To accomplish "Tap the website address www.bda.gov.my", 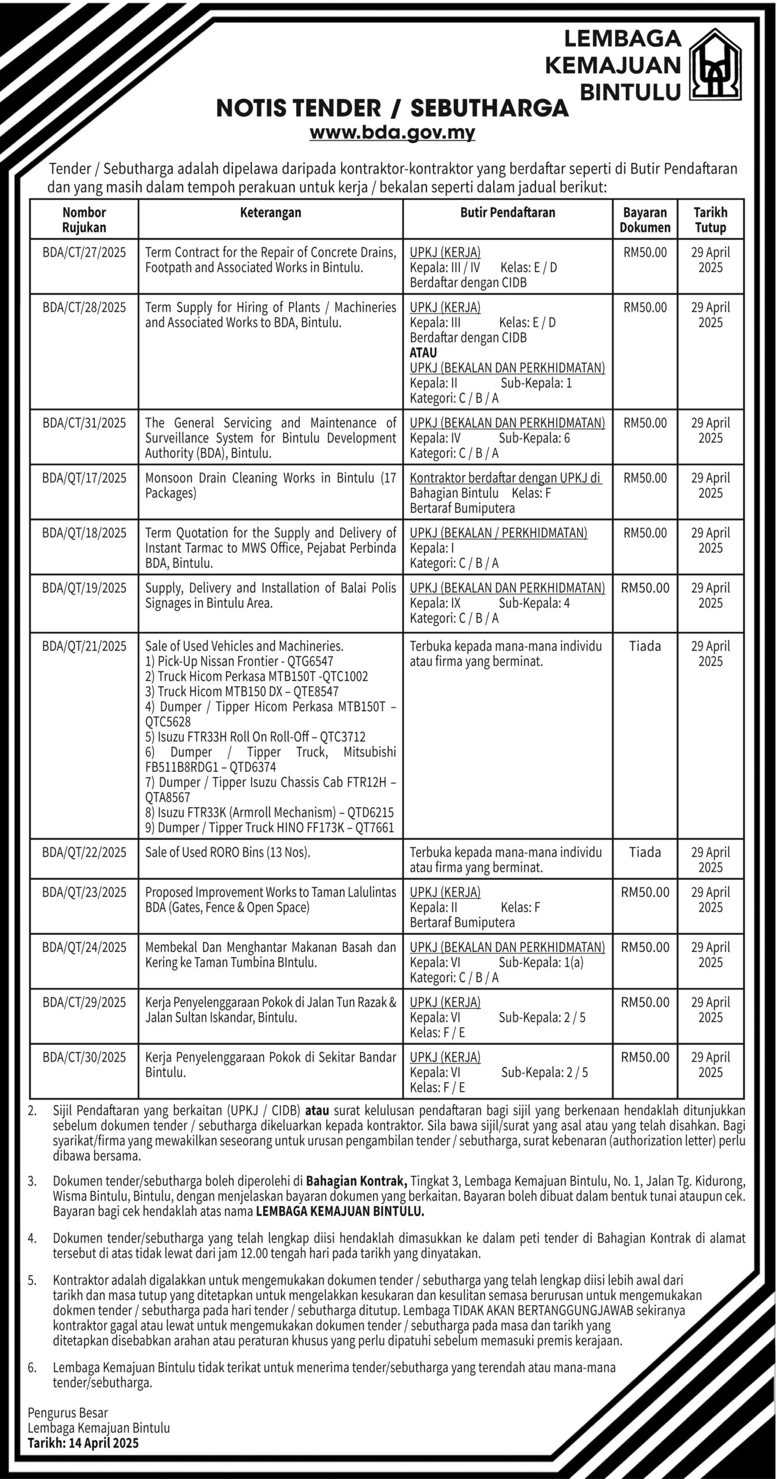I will (393, 133).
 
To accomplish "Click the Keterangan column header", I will (271, 213).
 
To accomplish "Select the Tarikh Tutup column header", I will (711, 220).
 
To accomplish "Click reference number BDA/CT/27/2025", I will (84, 252).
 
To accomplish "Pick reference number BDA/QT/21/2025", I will (84, 646).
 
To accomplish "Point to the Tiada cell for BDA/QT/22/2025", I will (645, 852).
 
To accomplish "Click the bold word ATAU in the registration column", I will (423, 352).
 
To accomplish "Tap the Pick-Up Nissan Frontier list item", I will (239, 662).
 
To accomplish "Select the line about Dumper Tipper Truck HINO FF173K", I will (269, 827).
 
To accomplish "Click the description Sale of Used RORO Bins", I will (228, 852).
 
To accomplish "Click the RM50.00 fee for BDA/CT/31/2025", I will (645, 423).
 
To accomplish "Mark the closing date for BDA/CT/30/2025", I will (711, 1065).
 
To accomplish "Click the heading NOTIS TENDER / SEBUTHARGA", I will (393, 108).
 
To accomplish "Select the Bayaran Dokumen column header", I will (645, 220).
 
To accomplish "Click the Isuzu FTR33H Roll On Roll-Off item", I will (256, 737).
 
